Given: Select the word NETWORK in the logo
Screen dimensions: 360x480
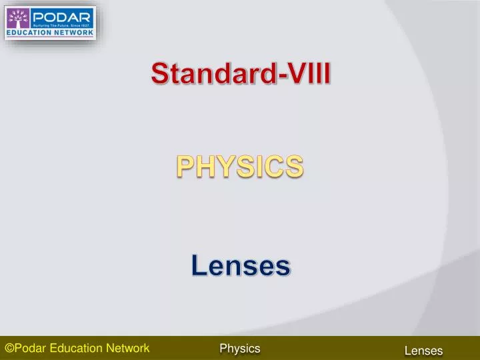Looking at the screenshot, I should tap(73, 31).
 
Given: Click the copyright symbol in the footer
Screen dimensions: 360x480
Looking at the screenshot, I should tap(9, 348).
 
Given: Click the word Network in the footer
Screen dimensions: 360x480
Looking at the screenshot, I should tap(128, 348).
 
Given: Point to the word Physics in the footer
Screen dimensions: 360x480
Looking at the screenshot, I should tap(240, 348).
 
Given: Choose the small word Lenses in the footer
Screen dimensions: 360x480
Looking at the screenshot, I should tap(423, 351).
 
